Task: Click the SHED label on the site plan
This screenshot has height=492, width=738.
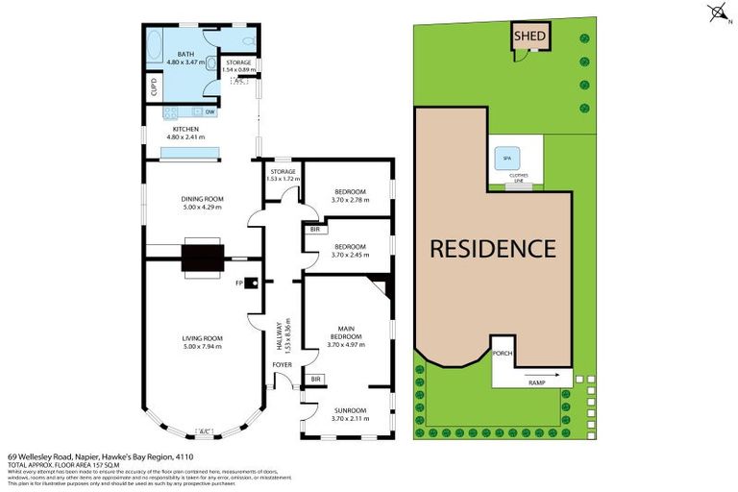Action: [529, 37]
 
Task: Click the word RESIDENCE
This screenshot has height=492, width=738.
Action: [492, 248]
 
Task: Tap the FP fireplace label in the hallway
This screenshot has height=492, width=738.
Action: [240, 283]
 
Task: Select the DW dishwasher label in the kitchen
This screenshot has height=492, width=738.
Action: [209, 112]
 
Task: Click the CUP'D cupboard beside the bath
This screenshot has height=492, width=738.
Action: [154, 86]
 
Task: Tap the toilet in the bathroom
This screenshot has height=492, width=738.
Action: [246, 41]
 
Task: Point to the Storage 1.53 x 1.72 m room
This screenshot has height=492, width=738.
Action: [283, 179]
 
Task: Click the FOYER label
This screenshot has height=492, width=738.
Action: [283, 365]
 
